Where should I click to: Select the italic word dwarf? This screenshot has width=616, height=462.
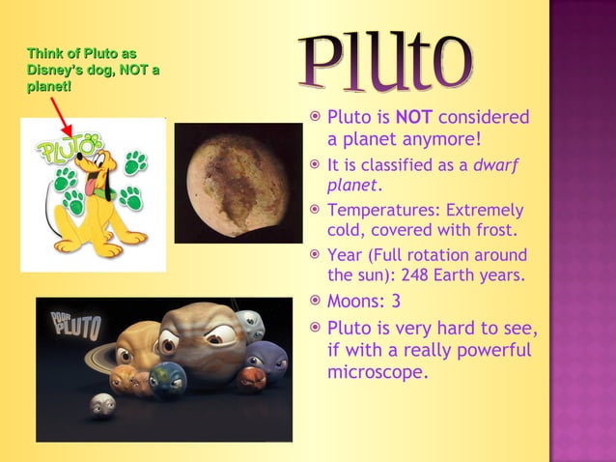pyautogui.click(x=494, y=164)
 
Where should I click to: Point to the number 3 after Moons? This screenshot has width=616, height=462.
pyautogui.click(x=396, y=301)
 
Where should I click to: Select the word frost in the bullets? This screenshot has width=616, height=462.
pyautogui.click(x=492, y=231)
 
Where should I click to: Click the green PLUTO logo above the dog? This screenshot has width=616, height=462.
pyautogui.click(x=68, y=150)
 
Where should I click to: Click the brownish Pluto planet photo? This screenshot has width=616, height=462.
pyautogui.click(x=224, y=182)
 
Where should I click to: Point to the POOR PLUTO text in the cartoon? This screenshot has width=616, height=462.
pyautogui.click(x=75, y=326)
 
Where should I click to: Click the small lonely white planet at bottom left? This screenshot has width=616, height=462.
pyautogui.click(x=101, y=405)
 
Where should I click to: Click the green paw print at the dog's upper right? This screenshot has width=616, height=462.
pyautogui.click(x=135, y=162)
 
